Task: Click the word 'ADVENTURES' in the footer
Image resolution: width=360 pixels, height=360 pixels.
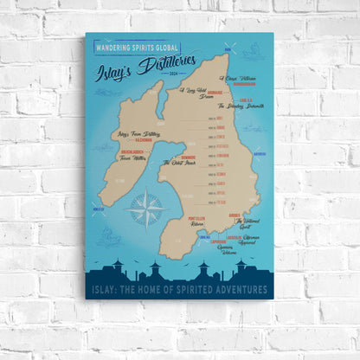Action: (x=240, y=289)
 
